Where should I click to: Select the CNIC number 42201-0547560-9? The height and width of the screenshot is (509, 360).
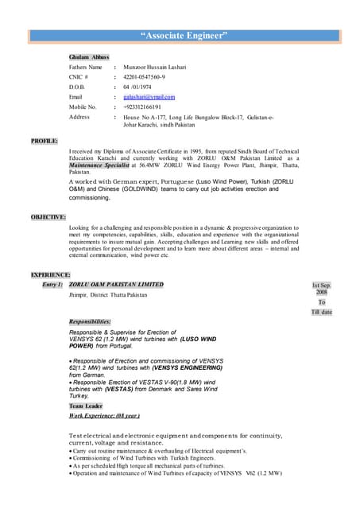coord(144,77)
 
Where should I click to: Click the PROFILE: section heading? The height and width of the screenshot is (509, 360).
coord(45,141)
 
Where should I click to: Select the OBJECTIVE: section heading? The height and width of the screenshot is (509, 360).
coord(48,216)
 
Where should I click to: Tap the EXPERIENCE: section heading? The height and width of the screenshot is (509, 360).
coord(51,274)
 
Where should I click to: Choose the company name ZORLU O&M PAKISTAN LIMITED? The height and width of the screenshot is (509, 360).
coord(116,284)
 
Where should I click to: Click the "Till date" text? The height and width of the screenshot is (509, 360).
coord(322,312)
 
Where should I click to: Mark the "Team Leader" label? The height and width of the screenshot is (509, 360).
coord(86,406)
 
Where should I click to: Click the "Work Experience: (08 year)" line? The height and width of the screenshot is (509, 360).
coord(104,415)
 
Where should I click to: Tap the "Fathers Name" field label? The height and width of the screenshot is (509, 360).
coord(86,68)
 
